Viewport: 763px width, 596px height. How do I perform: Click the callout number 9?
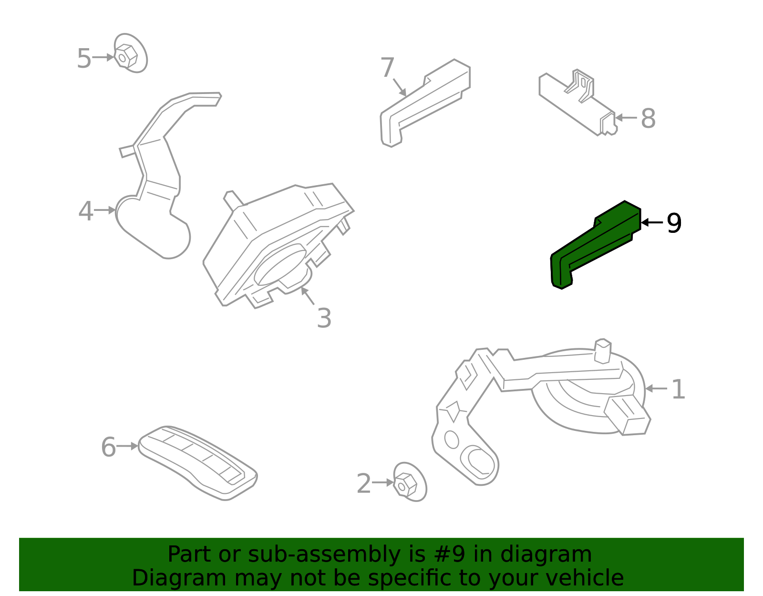click(674, 223)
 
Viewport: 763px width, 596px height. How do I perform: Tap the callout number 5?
click(84, 58)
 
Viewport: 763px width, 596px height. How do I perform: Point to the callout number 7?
click(388, 67)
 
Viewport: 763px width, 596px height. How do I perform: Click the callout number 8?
click(648, 118)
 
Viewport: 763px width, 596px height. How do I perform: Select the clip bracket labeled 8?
click(577, 103)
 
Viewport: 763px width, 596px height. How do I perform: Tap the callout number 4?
click(86, 211)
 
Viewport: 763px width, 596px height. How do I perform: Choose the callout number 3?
click(324, 318)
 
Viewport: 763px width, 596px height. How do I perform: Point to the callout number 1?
click(678, 389)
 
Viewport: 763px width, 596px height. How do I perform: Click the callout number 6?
click(108, 447)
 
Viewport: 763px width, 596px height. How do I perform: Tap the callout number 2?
click(364, 484)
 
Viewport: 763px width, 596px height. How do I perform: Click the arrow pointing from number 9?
click(652, 222)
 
